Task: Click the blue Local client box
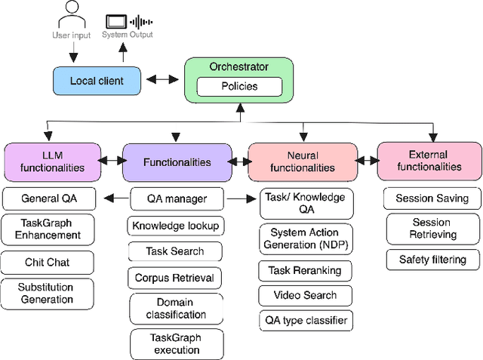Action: [97, 80]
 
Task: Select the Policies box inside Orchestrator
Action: [238, 86]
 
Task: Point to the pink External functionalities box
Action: [429, 161]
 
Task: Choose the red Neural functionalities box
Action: [301, 161]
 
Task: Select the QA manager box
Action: [176, 199]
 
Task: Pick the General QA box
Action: [49, 199]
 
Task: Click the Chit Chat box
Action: [49, 263]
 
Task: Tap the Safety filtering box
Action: [432, 260]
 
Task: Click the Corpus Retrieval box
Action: [175, 278]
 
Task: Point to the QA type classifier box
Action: [305, 320]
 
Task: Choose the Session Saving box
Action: [432, 198]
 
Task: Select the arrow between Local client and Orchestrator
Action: [162, 79]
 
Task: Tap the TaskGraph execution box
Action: [176, 344]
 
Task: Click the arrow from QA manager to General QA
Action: [115, 199]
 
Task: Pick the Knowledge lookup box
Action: [175, 225]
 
